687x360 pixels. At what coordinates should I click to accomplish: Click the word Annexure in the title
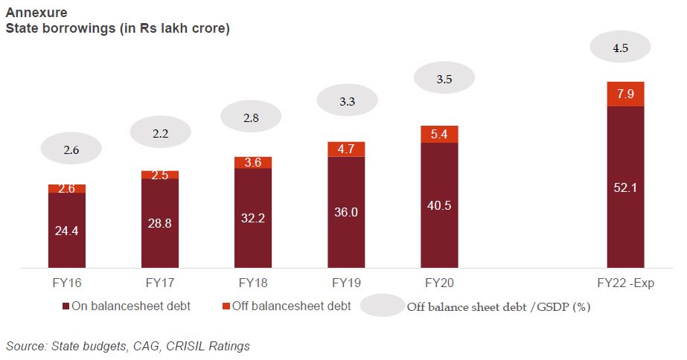pyautogui.click(x=31, y=13)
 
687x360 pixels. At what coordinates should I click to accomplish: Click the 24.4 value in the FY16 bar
pyautogui.click(x=67, y=231)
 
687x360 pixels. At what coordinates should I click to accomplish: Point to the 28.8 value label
pyautogui.click(x=160, y=223)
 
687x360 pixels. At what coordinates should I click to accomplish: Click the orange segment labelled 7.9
pyautogui.click(x=625, y=94)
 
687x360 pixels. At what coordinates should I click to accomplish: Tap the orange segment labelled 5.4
pyautogui.click(x=439, y=134)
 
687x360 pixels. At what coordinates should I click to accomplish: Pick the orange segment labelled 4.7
pyautogui.click(x=346, y=149)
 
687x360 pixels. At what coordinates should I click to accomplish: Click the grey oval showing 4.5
pyautogui.click(x=621, y=48)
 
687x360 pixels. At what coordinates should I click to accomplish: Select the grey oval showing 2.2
pyautogui.click(x=160, y=134)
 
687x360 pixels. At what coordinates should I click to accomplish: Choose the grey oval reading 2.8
pyautogui.click(x=252, y=118)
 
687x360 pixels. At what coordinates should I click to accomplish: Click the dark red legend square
pyautogui.click(x=65, y=306)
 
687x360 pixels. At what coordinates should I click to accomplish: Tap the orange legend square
pyautogui.click(x=226, y=306)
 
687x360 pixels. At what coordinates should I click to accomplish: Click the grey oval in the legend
pyautogui.click(x=382, y=306)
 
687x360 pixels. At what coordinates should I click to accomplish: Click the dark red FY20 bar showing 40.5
pyautogui.click(x=439, y=205)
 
